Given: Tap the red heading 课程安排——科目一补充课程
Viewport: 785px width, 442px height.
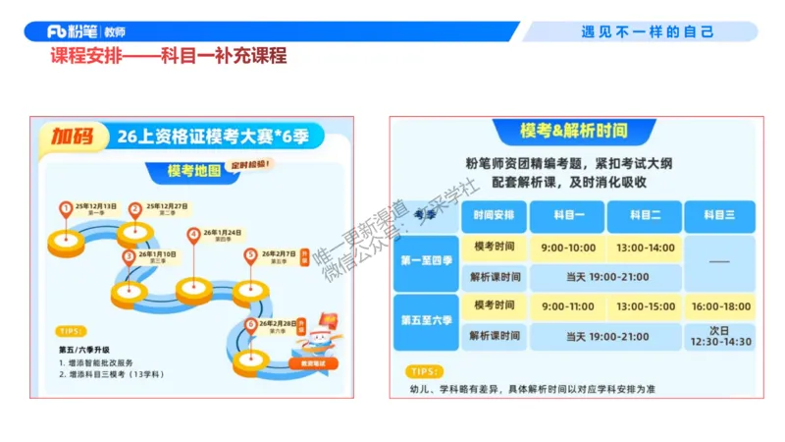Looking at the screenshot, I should click(x=168, y=56).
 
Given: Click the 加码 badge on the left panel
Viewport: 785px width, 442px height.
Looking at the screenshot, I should click(x=75, y=137).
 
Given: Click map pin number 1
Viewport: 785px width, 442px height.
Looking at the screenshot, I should click(x=66, y=208).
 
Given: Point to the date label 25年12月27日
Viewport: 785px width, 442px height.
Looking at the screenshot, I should click(x=166, y=206).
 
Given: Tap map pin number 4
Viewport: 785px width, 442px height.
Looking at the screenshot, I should click(x=194, y=235).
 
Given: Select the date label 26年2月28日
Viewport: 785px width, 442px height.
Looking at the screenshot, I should click(x=280, y=322).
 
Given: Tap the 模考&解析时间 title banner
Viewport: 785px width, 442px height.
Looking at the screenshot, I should click(x=574, y=131).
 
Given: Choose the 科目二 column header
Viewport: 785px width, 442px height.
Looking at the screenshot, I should click(x=645, y=214).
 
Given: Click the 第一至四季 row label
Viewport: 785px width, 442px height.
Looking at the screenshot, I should click(x=426, y=260).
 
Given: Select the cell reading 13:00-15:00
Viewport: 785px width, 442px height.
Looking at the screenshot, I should click(x=645, y=306).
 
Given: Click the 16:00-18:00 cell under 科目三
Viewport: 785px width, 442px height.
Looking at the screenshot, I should click(x=720, y=306).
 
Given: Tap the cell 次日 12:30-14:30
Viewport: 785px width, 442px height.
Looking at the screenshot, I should click(x=720, y=336).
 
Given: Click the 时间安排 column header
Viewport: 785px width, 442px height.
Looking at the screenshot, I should click(x=494, y=214).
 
